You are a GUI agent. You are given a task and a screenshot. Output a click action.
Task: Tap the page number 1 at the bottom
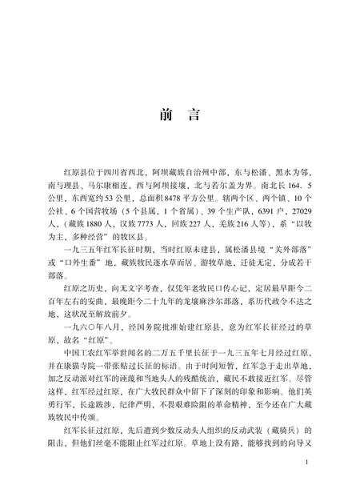coord(307,463)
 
